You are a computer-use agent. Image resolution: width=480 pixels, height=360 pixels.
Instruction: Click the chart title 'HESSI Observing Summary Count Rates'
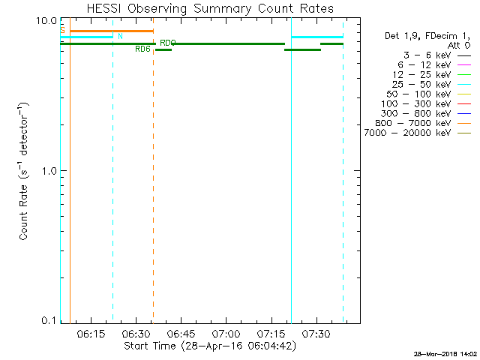click(x=210, y=8)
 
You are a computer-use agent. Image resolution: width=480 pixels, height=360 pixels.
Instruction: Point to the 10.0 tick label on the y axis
click(x=47, y=20)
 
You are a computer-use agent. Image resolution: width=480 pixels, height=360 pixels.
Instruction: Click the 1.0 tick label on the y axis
click(x=50, y=170)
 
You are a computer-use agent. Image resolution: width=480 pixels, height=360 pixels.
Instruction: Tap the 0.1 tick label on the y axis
click(x=50, y=320)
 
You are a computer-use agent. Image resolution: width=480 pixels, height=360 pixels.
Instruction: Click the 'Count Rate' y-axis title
click(x=25, y=170)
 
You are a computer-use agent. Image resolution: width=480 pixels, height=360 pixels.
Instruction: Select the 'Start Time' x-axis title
click(x=210, y=346)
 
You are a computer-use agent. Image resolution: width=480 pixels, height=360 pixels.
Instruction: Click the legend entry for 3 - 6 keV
click(x=425, y=55)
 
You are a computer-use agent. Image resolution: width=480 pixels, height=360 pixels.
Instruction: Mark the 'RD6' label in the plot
click(x=142, y=49)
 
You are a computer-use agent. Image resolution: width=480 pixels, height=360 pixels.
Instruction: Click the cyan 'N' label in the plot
click(x=120, y=36)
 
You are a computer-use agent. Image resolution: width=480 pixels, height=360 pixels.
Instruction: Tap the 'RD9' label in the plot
click(x=167, y=43)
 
